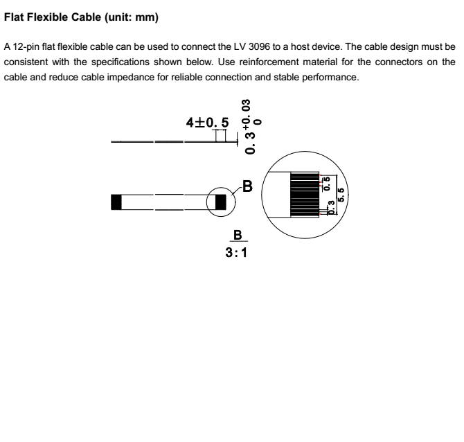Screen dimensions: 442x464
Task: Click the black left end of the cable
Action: (x=116, y=202)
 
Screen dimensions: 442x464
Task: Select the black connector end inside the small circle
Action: (x=221, y=202)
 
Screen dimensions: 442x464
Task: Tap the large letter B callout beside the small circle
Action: (x=247, y=186)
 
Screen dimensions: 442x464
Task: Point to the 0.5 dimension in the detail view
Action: (x=325, y=184)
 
